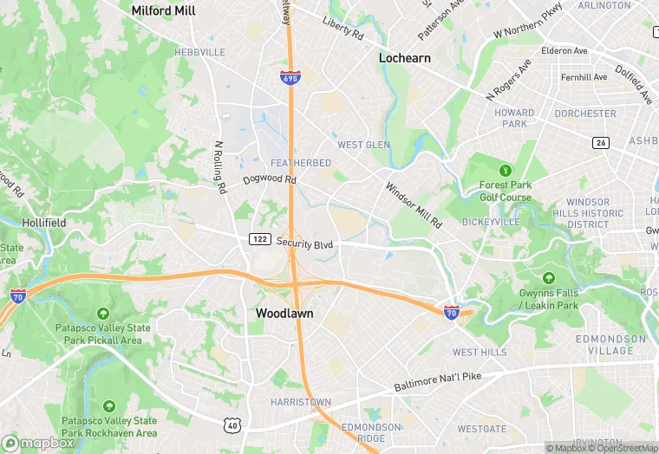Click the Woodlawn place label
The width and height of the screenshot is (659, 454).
tap(284, 313)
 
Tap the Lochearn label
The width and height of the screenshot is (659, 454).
tap(405, 58)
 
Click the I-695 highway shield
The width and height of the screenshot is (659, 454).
tap(290, 78)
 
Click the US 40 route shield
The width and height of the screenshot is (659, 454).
tap(231, 424)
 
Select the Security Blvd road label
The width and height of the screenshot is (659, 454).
tap(304, 244)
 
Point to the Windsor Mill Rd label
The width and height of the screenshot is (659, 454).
tap(414, 205)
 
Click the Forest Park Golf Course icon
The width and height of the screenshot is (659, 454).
tap(505, 169)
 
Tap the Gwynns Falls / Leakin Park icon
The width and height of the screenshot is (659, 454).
tap(548, 279)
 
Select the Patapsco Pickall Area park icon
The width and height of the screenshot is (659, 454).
tap(105, 314)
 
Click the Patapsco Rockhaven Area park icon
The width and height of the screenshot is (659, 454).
tap(109, 405)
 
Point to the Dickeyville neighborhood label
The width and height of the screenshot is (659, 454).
tap(490, 223)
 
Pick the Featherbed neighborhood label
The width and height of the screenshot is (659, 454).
tap(301, 163)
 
